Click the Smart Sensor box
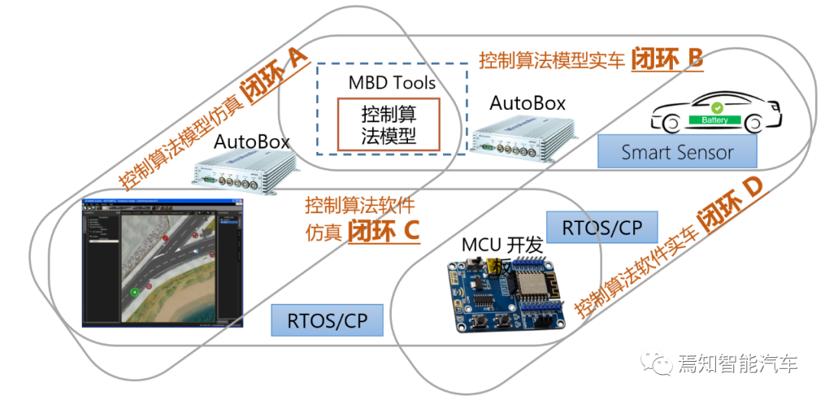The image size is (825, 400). [x=677, y=151]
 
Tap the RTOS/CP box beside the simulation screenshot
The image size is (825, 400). [x=326, y=321]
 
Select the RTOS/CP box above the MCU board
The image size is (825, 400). [x=601, y=227]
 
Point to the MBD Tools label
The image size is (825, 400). [x=392, y=82]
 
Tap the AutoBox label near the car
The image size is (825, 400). [x=527, y=102]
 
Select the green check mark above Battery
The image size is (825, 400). [x=717, y=108]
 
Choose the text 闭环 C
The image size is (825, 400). [x=383, y=230]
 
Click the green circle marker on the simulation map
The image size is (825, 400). [x=134, y=292]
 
